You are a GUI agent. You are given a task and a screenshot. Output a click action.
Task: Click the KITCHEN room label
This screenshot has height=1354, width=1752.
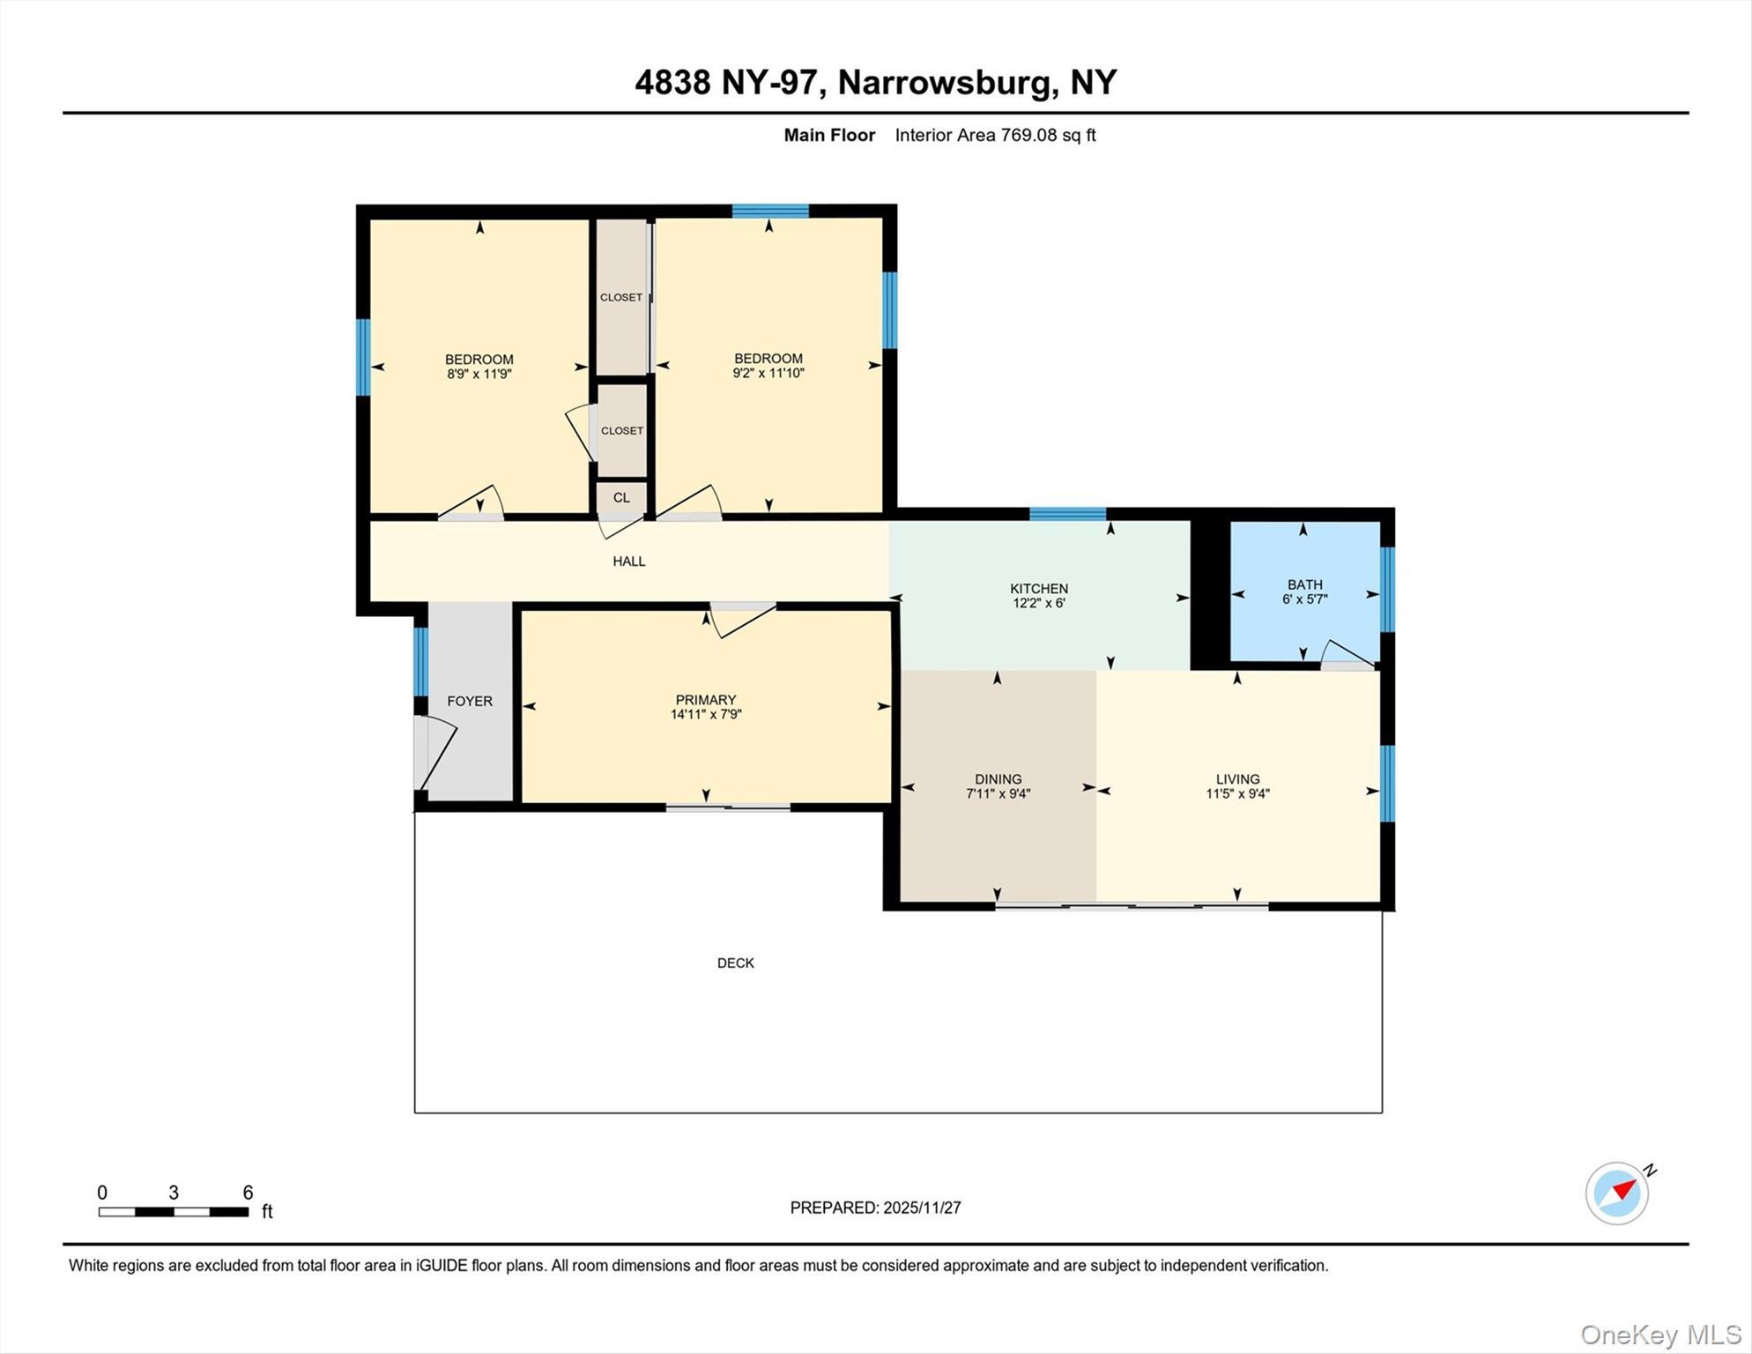click(1039, 589)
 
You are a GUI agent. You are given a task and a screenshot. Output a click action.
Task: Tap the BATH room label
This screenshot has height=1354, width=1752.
click(1304, 584)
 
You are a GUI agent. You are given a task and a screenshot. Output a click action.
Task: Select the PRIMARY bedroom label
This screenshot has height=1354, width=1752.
click(705, 700)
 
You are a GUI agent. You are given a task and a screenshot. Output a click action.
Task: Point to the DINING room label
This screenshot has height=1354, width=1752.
click(998, 779)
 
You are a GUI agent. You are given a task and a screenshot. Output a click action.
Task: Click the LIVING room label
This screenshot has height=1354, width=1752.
click(1237, 779)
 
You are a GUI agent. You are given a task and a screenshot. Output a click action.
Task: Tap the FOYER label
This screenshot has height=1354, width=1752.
click(469, 702)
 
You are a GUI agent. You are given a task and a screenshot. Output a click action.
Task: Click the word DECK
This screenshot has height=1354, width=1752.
click(735, 963)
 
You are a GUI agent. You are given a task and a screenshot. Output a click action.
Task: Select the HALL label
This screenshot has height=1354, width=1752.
click(628, 562)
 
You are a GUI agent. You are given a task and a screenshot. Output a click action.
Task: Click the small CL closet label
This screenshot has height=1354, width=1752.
click(621, 498)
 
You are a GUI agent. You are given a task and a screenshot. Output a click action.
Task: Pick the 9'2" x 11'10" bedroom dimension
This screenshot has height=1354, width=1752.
click(768, 373)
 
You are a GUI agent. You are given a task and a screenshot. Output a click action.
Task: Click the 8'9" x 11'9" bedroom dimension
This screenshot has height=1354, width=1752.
click(479, 374)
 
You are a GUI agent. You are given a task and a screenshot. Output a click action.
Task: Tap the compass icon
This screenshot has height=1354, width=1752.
click(1617, 1194)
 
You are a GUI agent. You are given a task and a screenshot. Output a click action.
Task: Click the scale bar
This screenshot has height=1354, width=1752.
click(173, 1212)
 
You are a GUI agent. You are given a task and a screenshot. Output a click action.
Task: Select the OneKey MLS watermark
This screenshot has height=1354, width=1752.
click(1660, 1335)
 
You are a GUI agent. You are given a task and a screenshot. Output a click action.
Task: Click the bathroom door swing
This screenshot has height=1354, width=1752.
click(1347, 653)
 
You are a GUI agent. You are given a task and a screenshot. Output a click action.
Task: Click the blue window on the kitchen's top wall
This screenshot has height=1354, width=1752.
click(1067, 514)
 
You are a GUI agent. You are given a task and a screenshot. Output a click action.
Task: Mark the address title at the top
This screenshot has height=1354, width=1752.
click(875, 82)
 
